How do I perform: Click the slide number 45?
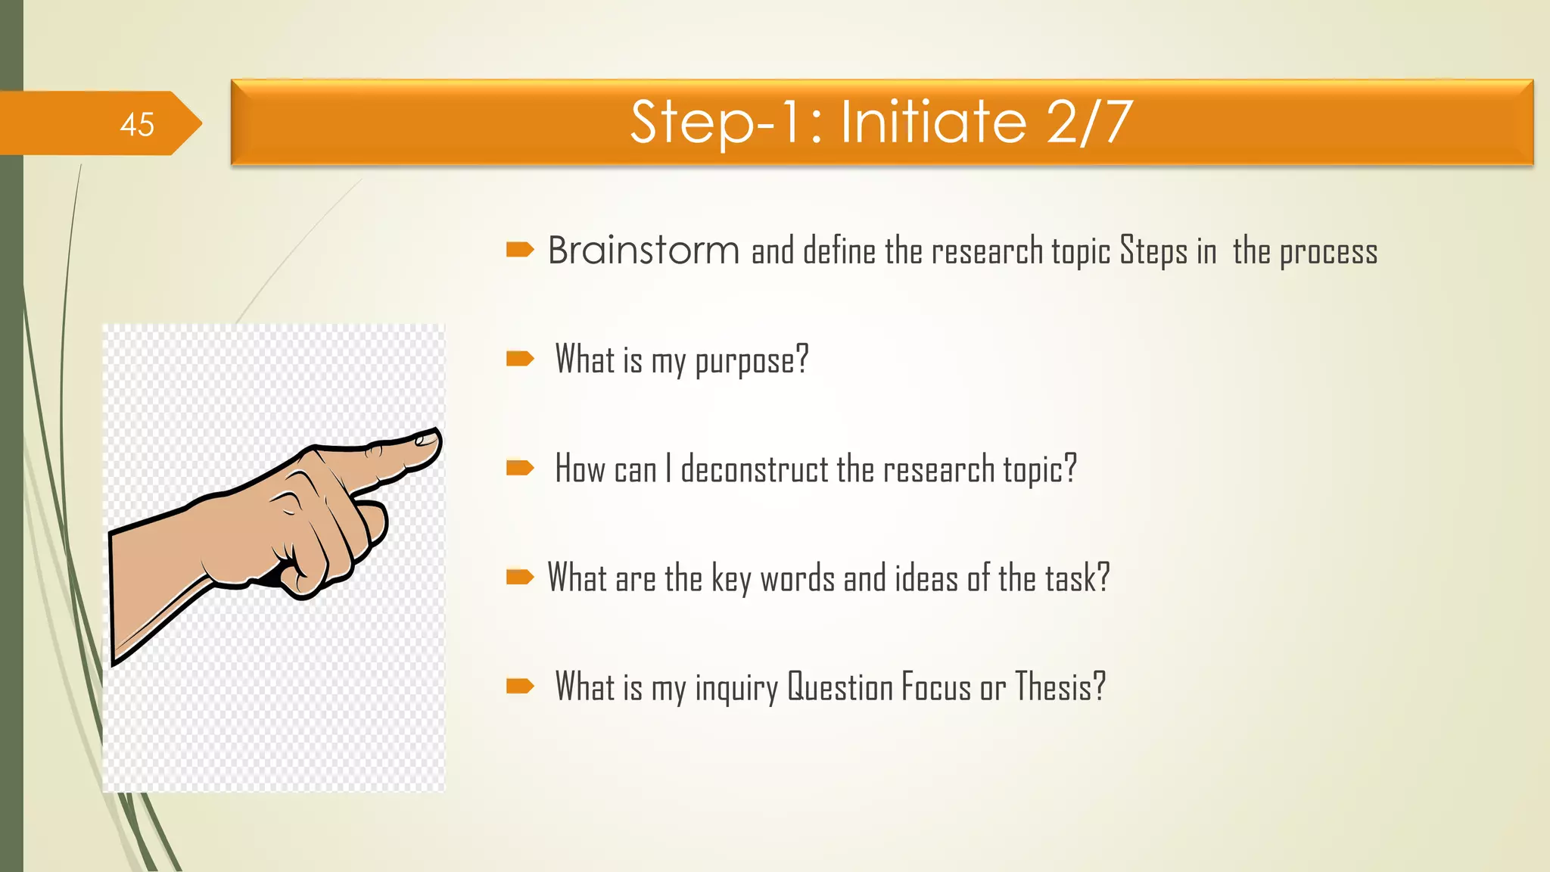[x=137, y=124]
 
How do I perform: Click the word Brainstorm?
[x=643, y=251]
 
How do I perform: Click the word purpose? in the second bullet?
[x=752, y=360]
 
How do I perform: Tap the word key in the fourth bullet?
[x=731, y=579]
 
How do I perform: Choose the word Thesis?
[x=1060, y=687]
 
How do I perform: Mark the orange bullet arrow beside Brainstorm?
[x=520, y=249]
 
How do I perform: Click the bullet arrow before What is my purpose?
[x=520, y=358]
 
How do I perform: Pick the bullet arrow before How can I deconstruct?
[x=520, y=468]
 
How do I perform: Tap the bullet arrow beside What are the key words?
[x=520, y=578]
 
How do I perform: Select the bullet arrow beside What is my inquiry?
[x=520, y=687]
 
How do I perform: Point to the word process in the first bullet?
[x=1328, y=253]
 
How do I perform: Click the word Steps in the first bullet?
[x=1153, y=251]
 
